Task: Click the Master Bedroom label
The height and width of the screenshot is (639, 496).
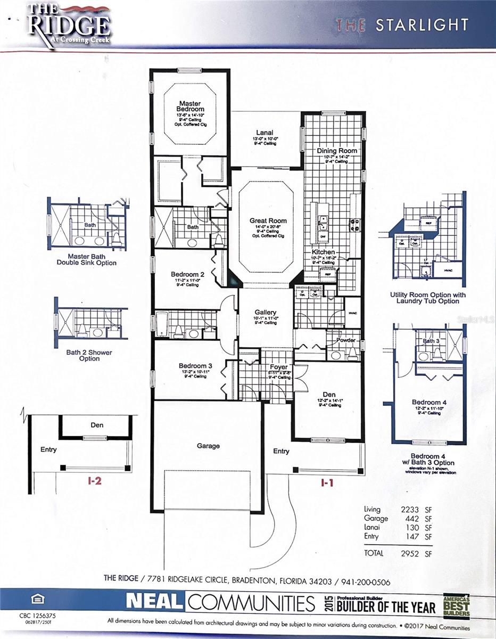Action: pyautogui.click(x=189, y=106)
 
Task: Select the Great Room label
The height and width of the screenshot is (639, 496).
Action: pyautogui.click(x=268, y=220)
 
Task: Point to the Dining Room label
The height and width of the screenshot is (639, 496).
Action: pyautogui.click(x=336, y=151)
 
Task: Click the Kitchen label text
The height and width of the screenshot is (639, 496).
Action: pyautogui.click(x=323, y=251)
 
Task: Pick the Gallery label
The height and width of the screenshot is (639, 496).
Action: pyautogui.click(x=266, y=313)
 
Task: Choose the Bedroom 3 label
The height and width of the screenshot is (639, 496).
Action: pyautogui.click(x=195, y=366)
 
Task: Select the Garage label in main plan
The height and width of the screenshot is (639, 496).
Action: pyautogui.click(x=208, y=446)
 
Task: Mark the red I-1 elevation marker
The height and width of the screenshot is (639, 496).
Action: pyautogui.click(x=327, y=483)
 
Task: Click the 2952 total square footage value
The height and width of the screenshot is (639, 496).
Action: pyautogui.click(x=410, y=553)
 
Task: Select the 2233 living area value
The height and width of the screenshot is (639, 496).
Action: pyautogui.click(x=410, y=509)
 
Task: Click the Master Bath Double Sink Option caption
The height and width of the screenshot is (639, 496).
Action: pyautogui.click(x=88, y=259)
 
